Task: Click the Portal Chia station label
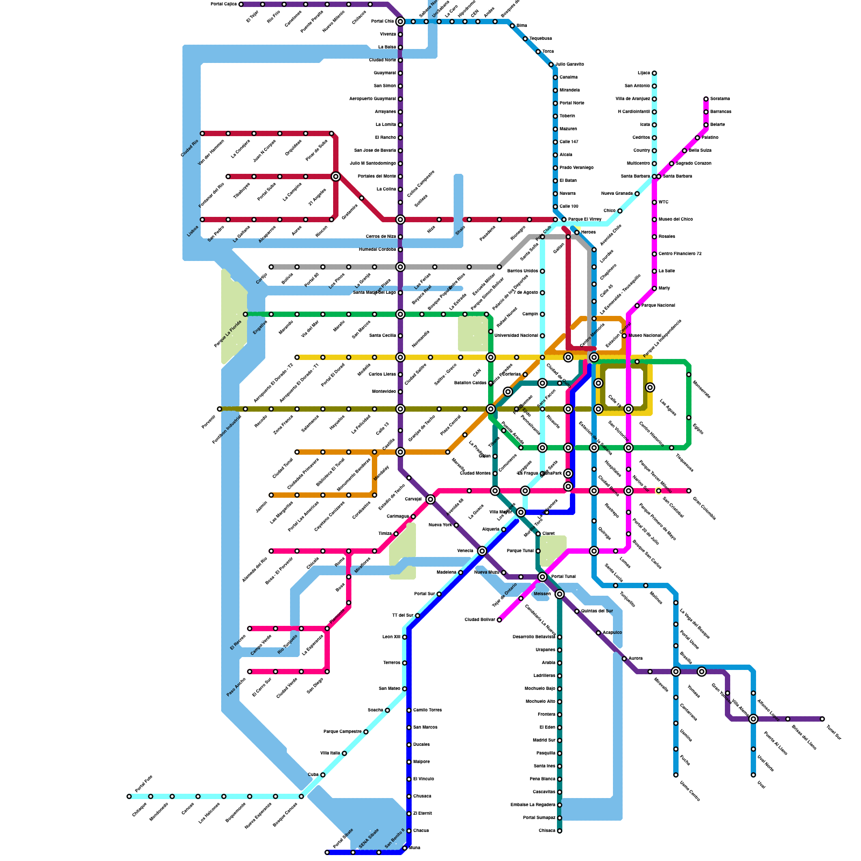tap(383, 22)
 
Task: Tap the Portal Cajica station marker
tap(241, 4)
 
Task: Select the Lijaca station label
tap(644, 73)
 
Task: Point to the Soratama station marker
tap(706, 99)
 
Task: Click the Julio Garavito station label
tap(570, 65)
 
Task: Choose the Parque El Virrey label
tap(584, 220)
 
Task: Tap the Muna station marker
tap(405, 848)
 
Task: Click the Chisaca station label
tap(547, 831)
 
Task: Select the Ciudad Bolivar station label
tap(479, 620)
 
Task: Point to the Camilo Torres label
tap(427, 710)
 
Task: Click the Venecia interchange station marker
tap(482, 551)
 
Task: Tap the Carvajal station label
tap(413, 499)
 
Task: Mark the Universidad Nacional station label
tap(516, 336)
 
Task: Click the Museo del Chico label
tap(675, 220)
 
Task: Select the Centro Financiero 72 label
tap(680, 254)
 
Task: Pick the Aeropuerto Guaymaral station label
tap(372, 99)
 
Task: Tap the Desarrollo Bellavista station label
tap(534, 637)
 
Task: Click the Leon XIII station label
tap(391, 637)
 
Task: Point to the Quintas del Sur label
tap(597, 611)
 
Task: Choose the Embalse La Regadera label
tap(533, 805)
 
